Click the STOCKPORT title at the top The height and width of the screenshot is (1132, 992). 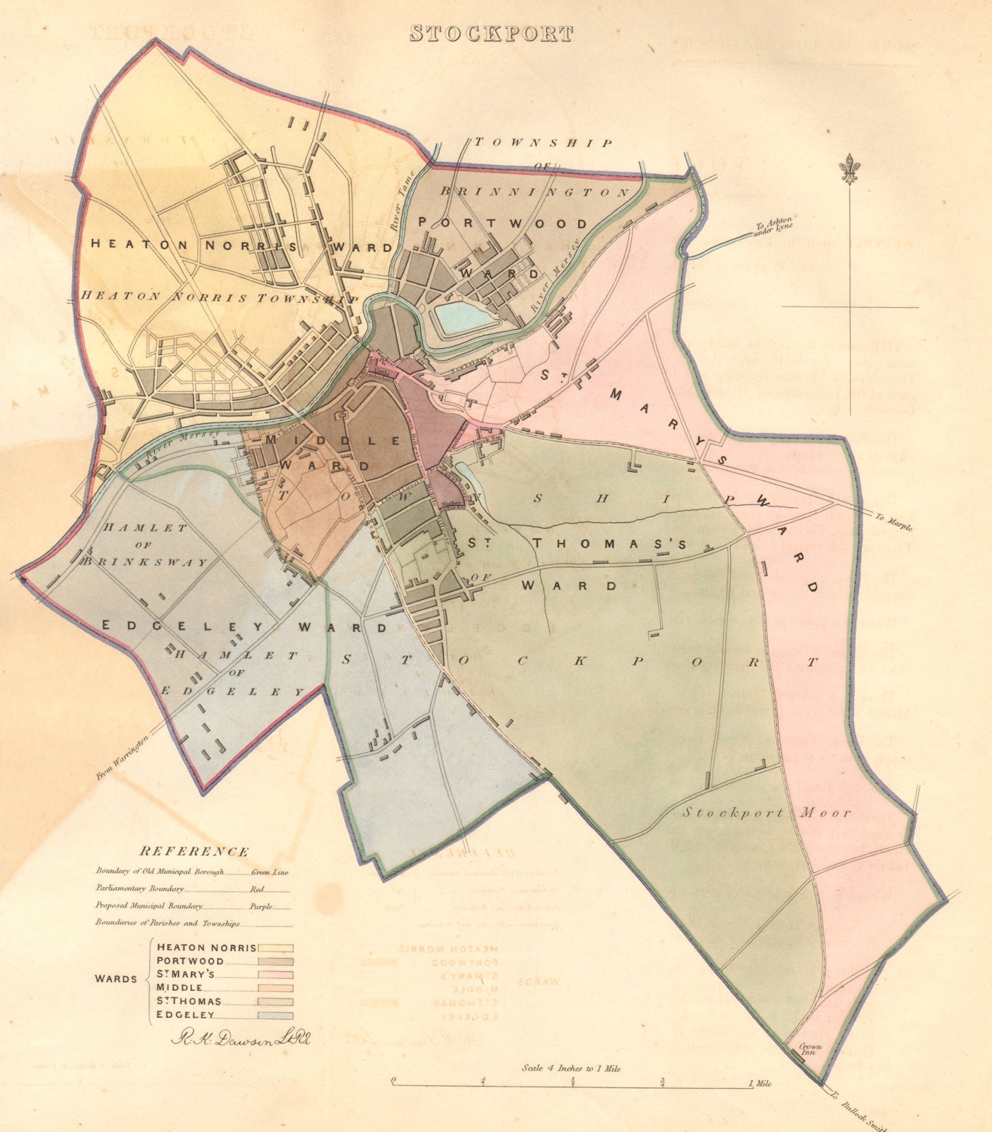(491, 33)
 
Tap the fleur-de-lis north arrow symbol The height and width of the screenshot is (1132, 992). (847, 168)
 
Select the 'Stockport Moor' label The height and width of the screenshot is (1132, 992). (766, 813)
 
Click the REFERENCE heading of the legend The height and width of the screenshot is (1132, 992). (194, 852)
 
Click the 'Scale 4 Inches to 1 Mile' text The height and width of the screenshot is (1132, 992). (571, 1068)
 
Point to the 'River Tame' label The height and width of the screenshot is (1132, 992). (394, 211)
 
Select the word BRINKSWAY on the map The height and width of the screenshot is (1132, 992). (144, 562)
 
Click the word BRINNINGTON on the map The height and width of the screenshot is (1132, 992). (535, 191)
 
